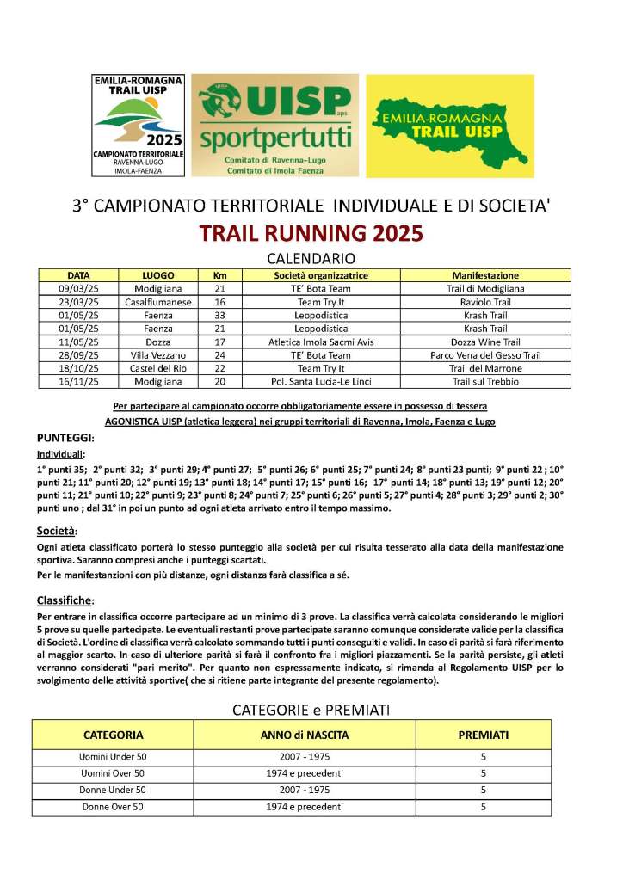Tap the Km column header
click(x=219, y=275)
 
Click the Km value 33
click(x=219, y=316)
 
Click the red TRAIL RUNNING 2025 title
click(x=311, y=234)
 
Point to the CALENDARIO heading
click(x=311, y=258)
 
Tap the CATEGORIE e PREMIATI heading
click(x=311, y=710)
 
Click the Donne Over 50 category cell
click(x=113, y=807)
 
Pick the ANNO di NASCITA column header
click(x=305, y=735)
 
